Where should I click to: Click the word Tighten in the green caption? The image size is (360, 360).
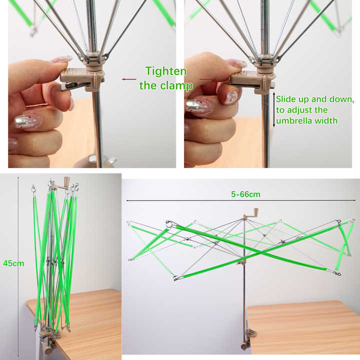(166, 71)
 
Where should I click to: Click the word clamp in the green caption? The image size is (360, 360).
(176, 85)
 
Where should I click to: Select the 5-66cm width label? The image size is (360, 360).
(245, 194)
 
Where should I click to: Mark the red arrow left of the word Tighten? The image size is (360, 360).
(129, 79)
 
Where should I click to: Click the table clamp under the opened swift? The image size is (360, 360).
(244, 340)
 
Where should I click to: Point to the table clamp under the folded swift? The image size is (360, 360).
(47, 345)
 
